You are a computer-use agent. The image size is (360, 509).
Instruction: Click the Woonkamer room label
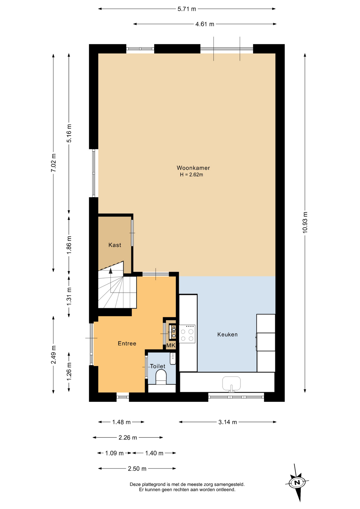(193, 168)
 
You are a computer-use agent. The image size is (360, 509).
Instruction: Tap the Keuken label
(227, 335)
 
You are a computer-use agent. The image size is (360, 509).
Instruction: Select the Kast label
(115, 245)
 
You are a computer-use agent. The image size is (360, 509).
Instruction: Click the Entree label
(127, 344)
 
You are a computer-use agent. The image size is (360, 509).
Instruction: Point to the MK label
(171, 345)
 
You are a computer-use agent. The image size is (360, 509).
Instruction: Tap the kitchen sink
(231, 383)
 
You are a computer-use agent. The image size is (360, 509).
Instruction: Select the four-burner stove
(187, 334)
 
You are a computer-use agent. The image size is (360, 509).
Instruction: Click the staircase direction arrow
(111, 271)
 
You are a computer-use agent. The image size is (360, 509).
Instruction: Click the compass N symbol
(297, 482)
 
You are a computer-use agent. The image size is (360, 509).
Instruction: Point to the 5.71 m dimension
(187, 9)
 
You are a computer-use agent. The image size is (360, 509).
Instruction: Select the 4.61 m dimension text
(205, 24)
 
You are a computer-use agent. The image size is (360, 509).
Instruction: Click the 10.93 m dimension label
(305, 222)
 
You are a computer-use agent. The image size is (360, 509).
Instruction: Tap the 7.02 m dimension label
(54, 163)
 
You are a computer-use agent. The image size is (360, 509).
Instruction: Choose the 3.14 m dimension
(227, 422)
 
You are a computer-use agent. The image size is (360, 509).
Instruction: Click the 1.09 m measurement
(114, 453)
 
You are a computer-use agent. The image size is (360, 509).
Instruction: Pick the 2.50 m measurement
(137, 469)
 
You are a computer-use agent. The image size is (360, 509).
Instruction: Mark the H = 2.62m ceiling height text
(191, 175)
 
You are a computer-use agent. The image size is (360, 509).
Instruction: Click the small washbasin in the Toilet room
(173, 358)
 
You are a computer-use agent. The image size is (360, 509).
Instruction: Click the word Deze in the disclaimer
(135, 484)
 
